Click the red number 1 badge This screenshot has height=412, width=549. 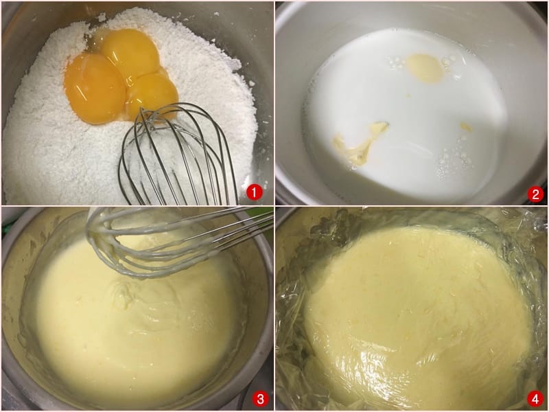click(x=254, y=192)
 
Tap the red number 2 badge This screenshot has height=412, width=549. click(x=535, y=194)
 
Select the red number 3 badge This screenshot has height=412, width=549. click(x=261, y=399)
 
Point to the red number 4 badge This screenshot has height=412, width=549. click(x=535, y=399)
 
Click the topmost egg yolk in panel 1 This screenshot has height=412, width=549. click(x=130, y=53)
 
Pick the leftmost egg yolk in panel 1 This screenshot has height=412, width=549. click(x=94, y=88)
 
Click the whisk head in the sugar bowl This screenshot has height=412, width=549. click(x=175, y=154)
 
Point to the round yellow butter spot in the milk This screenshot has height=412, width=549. click(x=425, y=69)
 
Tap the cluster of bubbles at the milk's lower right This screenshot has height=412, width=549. click(x=454, y=159)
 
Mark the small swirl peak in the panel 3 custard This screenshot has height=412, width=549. click(x=123, y=296)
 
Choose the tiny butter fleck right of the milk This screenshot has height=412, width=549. click(x=466, y=127)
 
